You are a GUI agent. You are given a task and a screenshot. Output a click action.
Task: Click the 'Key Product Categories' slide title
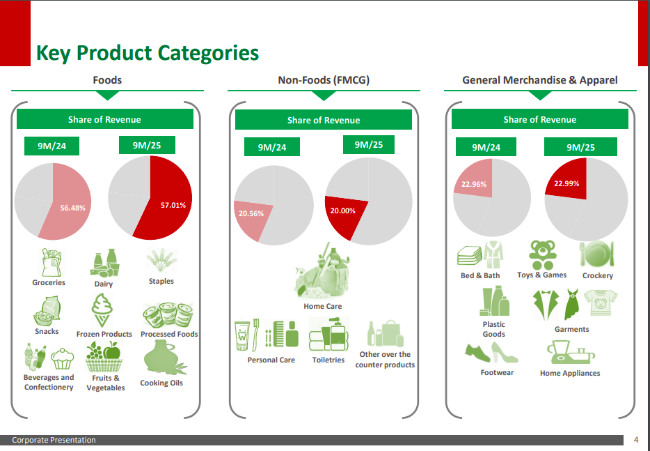[148, 53]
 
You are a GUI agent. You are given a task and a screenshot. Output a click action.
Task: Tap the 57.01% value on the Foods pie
[173, 206]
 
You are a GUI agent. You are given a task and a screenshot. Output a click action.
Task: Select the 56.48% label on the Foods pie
[73, 208]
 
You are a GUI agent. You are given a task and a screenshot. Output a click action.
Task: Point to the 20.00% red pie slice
[342, 211]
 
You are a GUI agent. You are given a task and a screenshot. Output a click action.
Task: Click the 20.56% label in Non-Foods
[251, 214]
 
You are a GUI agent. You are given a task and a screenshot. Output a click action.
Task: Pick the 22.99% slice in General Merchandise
[566, 183]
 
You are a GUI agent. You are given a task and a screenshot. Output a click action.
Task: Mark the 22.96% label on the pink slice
[474, 185]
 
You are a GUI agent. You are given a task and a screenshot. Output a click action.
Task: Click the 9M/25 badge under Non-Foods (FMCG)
[369, 145]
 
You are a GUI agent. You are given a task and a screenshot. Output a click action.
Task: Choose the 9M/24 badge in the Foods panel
[50, 146]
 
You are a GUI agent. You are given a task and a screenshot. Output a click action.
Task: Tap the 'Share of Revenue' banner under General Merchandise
[539, 120]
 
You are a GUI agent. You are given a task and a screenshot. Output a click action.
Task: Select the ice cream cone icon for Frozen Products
[103, 310]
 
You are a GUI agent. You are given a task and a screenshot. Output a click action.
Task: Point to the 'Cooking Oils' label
[161, 383]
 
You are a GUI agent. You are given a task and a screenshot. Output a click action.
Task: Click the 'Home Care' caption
[323, 306]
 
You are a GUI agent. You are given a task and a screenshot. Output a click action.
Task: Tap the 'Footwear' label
[497, 372]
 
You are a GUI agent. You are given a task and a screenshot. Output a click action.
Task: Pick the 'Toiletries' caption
[328, 360]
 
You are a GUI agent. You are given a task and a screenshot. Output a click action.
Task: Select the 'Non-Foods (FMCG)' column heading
[324, 80]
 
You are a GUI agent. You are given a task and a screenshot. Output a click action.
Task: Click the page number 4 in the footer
[636, 440]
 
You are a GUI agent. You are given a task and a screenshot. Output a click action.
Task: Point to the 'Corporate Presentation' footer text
[54, 440]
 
